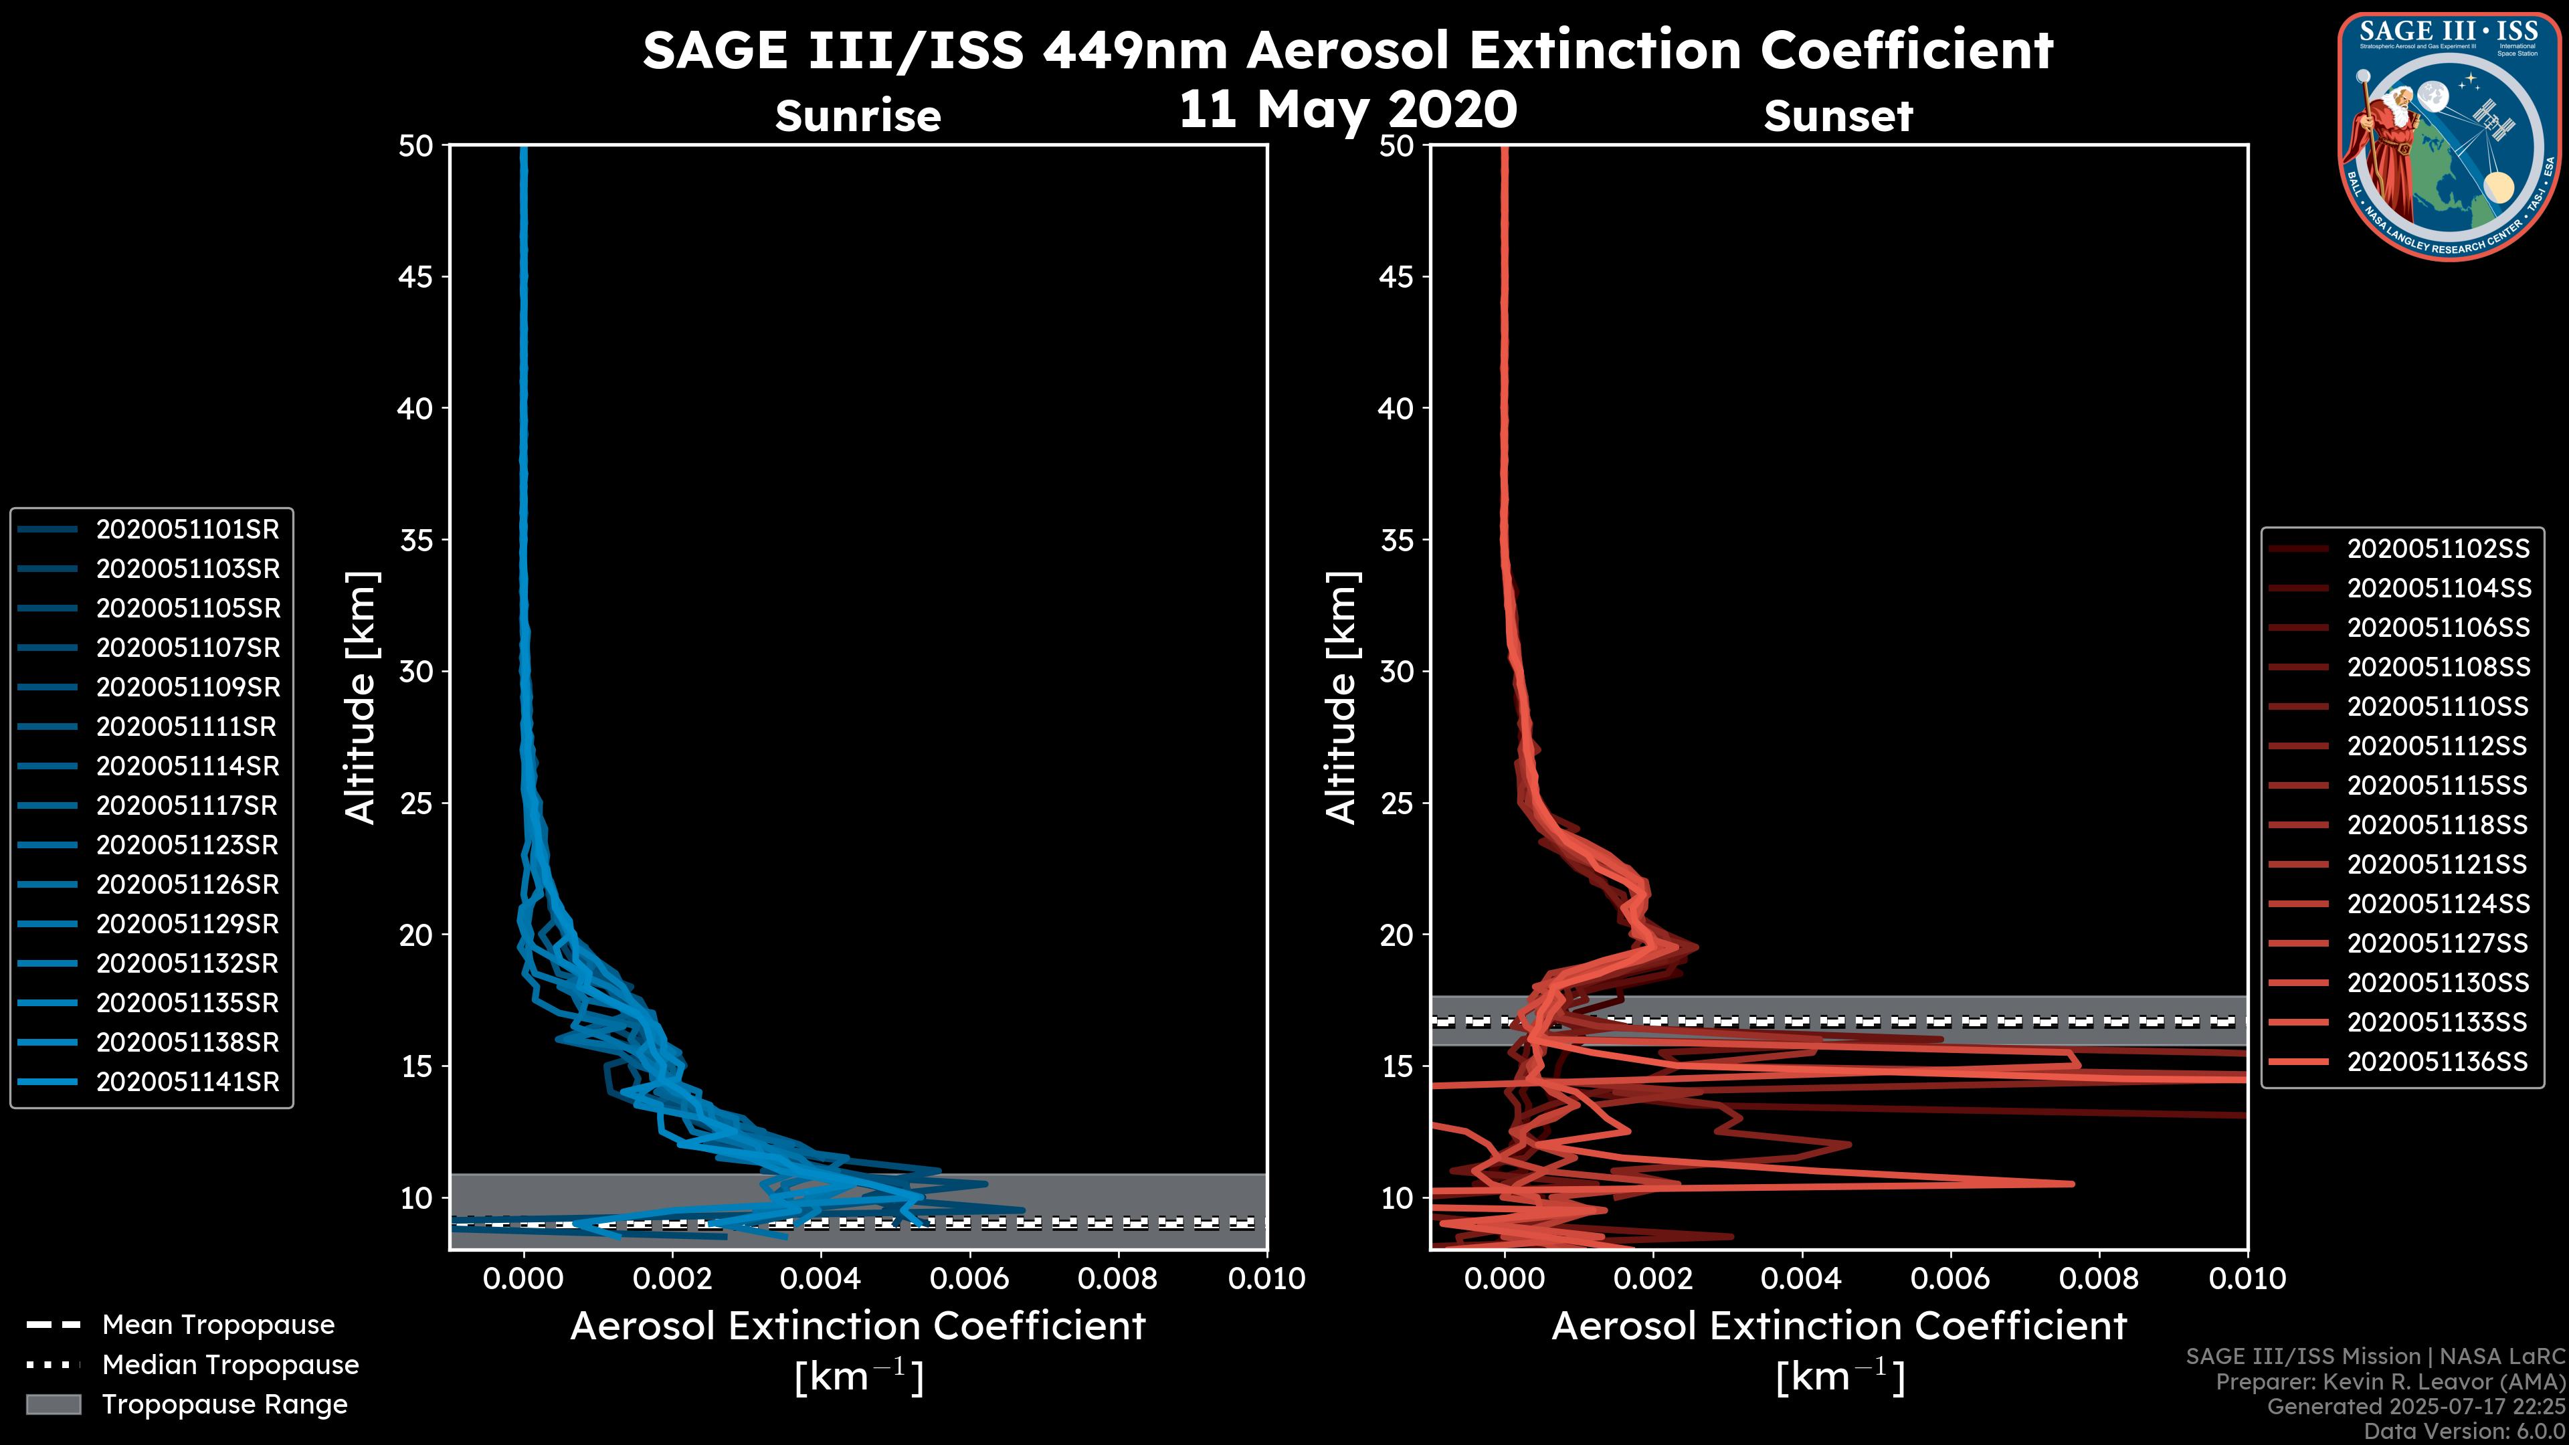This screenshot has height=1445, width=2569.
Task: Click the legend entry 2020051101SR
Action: point(187,530)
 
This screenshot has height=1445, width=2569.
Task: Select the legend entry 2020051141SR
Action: point(187,1082)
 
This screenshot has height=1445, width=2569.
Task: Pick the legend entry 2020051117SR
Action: point(187,805)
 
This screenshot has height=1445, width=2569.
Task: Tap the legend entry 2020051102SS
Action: point(2437,549)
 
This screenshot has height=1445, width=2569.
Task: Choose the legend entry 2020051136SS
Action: point(2437,1062)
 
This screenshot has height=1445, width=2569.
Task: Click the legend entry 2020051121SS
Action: point(2437,864)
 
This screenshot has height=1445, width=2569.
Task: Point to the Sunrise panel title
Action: point(858,116)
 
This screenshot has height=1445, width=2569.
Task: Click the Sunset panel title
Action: point(1838,116)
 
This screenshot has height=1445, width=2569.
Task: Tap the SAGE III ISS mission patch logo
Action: point(2449,136)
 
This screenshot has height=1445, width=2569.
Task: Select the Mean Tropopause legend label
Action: point(218,1325)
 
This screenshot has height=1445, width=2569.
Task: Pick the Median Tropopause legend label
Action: point(230,1365)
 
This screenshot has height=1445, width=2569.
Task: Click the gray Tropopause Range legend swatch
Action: point(54,1405)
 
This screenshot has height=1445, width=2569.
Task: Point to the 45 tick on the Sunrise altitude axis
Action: point(416,277)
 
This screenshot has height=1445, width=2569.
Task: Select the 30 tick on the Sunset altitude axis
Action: point(1396,672)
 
